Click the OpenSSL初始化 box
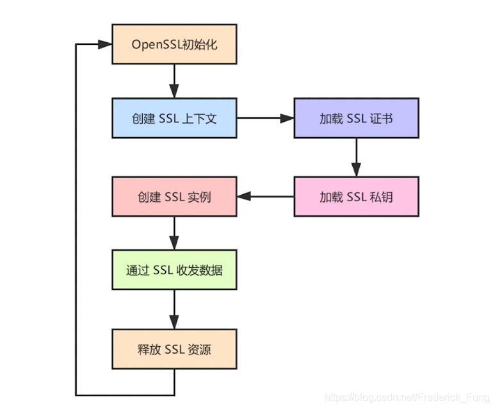coord(174,44)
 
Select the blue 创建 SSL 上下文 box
coord(174,118)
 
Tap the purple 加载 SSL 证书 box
coord(356,118)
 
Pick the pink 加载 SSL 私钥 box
coord(356,196)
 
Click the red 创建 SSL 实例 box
coord(174,196)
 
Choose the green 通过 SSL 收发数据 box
coord(174,270)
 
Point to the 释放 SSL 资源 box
coord(174,349)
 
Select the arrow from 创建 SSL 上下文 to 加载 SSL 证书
coord(265,118)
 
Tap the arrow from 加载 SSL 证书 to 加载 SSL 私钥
coord(356,157)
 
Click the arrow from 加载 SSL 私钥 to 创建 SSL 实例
coord(265,196)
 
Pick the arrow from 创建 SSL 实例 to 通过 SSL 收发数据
coord(174,233)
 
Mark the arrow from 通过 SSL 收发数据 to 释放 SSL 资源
coord(174,310)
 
